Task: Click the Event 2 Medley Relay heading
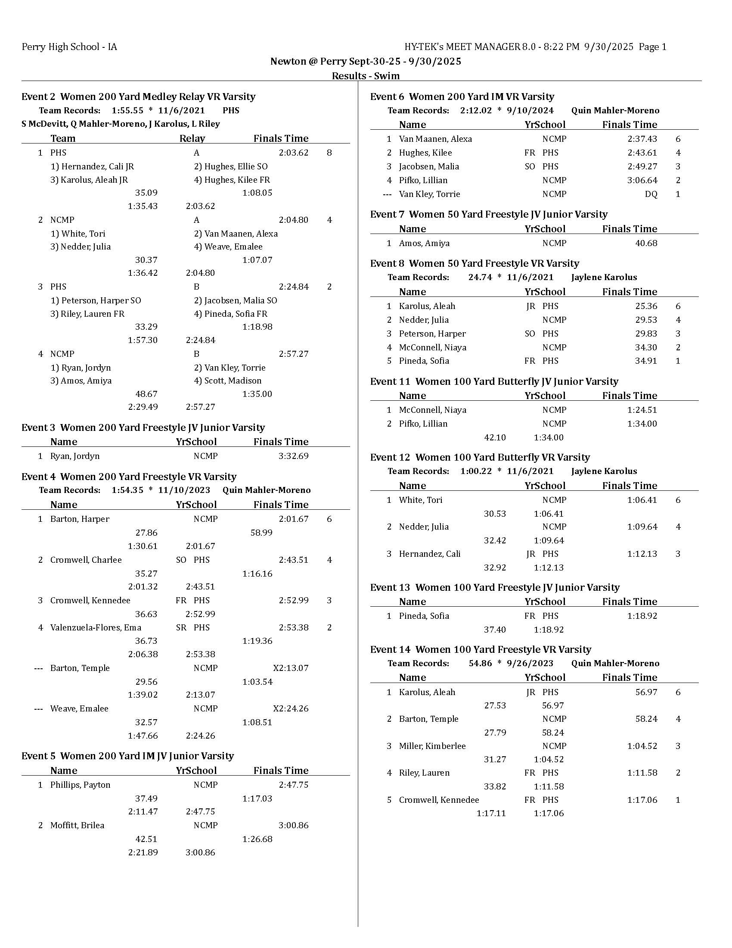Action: click(x=138, y=97)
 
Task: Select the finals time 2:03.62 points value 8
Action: click(x=329, y=153)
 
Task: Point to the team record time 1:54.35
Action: click(x=127, y=490)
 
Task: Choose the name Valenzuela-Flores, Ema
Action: click(x=96, y=627)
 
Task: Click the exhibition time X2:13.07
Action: click(x=290, y=668)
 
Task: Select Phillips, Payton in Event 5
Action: click(x=80, y=785)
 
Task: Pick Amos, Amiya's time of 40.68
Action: click(x=646, y=243)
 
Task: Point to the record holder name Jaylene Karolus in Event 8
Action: click(x=604, y=277)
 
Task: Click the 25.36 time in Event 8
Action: click(x=646, y=306)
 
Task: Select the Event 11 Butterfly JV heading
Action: click(x=494, y=381)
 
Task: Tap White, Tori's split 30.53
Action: click(x=494, y=514)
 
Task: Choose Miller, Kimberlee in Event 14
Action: click(x=432, y=746)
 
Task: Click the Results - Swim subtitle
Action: click(x=366, y=76)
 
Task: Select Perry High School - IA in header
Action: click(x=69, y=47)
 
